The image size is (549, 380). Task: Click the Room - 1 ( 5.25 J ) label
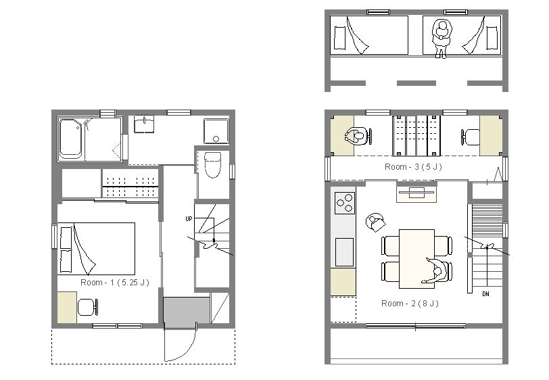tap(115, 282)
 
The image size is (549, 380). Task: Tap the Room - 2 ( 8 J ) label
tap(410, 304)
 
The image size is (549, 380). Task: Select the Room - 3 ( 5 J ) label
tap(413, 167)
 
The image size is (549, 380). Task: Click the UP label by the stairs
tap(189, 219)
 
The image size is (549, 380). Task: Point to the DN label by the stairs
tap(485, 294)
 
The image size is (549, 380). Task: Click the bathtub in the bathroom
tap(71, 139)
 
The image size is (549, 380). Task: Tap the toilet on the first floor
tap(212, 164)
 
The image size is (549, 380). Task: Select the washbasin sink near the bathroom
tap(143, 124)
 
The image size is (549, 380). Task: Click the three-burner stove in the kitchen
tap(345, 203)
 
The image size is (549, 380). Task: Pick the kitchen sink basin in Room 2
tap(345, 252)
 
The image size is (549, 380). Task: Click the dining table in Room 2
tap(416, 259)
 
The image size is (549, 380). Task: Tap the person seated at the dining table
tap(436, 270)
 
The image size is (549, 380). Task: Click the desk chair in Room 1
tap(87, 307)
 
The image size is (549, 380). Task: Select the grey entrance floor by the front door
tap(187, 310)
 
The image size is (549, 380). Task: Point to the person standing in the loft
tap(441, 38)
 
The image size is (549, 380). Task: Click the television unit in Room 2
tap(416, 192)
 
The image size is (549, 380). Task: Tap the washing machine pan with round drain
tap(216, 131)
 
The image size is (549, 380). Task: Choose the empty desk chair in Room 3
tap(470, 137)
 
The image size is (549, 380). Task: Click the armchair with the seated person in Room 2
tap(375, 222)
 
